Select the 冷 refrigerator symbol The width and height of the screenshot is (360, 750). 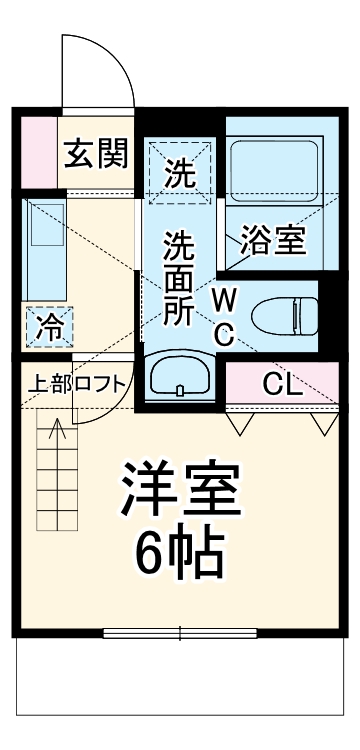pos(47,325)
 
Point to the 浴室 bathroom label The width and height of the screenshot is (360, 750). pos(271,240)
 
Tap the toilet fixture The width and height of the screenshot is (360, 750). pos(283,317)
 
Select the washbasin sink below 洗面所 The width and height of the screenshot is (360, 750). pos(180,377)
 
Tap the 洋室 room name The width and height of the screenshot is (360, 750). pos(180,490)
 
